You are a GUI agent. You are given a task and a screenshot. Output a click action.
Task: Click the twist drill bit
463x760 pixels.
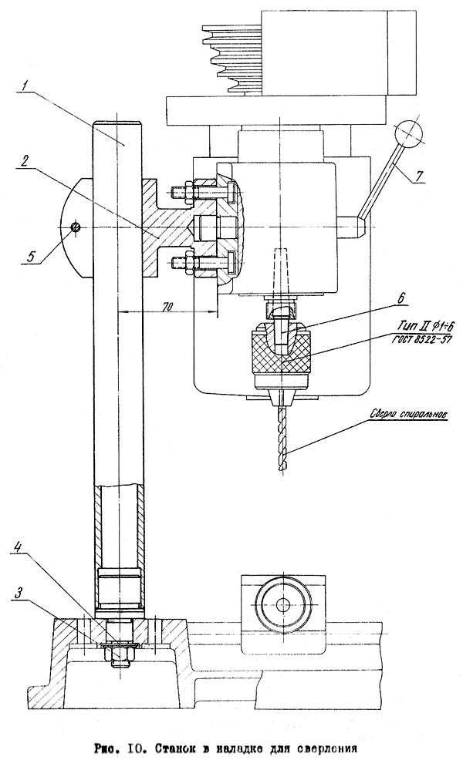[282, 438]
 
